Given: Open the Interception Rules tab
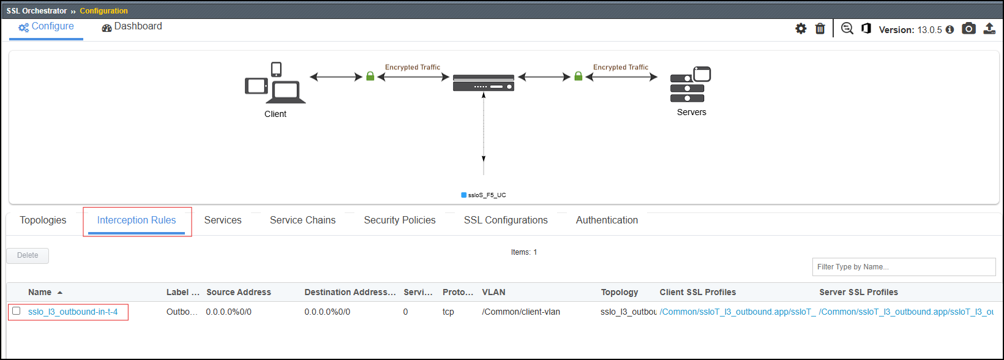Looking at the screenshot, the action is (137, 220).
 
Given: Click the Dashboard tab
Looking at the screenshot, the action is (132, 26).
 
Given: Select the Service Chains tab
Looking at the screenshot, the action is (302, 220).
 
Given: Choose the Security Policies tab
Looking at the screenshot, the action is (400, 220).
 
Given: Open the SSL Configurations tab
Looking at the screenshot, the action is (506, 220).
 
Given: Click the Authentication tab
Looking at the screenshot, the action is (607, 220).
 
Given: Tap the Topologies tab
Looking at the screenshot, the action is (43, 220).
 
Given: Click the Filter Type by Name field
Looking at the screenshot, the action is (904, 267).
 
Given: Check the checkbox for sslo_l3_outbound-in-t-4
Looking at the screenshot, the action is (17, 310).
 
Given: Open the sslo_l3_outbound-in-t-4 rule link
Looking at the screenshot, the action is (73, 312).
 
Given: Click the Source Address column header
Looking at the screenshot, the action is (239, 292).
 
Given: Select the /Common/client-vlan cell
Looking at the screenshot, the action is (521, 312).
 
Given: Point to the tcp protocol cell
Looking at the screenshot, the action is (448, 312).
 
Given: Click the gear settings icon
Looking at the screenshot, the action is (801, 29).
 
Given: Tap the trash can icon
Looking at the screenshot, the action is (820, 29).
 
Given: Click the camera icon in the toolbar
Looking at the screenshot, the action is (968, 29).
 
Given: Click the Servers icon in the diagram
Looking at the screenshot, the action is (691, 84).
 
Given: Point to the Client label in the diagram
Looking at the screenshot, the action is (275, 114).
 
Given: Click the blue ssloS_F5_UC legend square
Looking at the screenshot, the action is (464, 195).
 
